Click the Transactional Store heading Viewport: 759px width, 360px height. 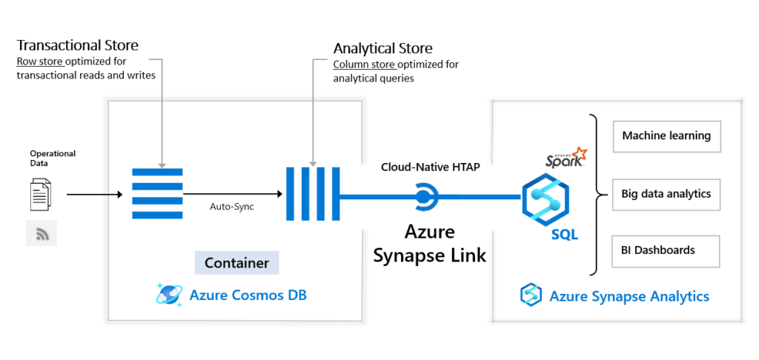[77, 46]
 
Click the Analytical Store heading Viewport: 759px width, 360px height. [382, 49]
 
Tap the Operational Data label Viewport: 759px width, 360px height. [53, 158]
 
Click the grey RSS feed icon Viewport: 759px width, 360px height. [42, 233]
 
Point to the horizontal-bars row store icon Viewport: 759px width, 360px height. [156, 194]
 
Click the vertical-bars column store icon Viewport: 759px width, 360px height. [313, 194]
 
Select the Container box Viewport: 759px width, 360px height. [236, 263]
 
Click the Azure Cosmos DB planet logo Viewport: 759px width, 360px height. [169, 294]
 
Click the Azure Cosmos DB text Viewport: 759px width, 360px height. [248, 295]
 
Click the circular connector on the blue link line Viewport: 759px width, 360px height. [424, 197]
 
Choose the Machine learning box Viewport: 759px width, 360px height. [666, 136]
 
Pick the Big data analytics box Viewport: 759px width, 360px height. [666, 194]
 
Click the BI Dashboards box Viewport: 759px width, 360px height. [666, 250]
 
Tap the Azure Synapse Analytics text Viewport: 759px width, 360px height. [629, 297]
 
